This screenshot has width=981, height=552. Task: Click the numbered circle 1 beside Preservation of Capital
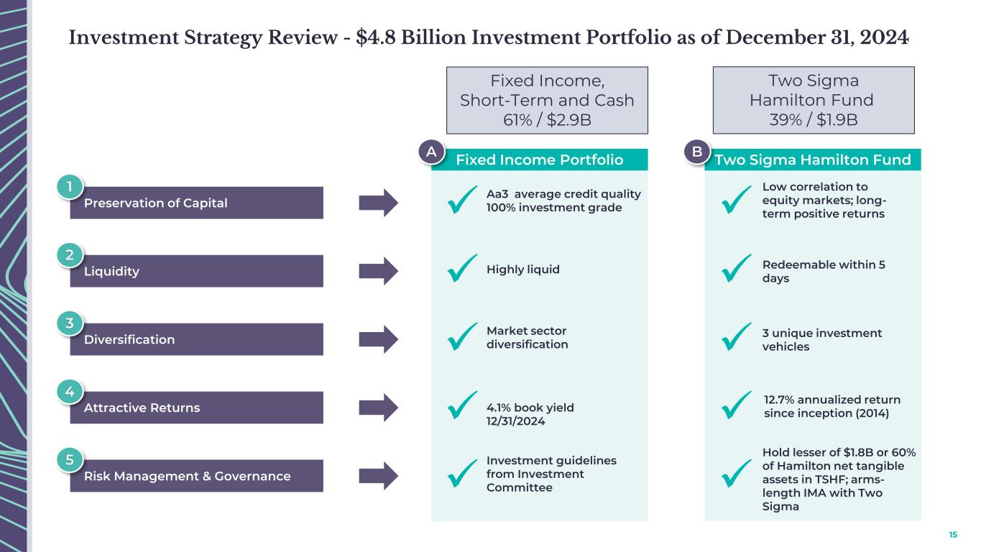pos(69,187)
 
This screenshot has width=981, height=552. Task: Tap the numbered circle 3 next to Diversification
pos(69,323)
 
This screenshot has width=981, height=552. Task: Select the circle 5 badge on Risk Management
pos(69,460)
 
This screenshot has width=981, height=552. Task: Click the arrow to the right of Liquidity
pos(378,271)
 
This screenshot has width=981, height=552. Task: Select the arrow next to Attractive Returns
pos(378,408)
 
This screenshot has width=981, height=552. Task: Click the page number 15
pos(953,535)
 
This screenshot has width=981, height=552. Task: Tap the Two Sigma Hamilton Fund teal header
pos(813,160)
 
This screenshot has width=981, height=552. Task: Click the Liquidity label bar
pos(196,271)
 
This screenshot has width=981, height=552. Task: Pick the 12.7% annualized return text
pos(832,406)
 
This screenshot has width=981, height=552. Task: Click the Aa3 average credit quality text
pos(563,201)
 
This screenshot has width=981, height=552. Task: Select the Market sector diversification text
pos(527,337)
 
